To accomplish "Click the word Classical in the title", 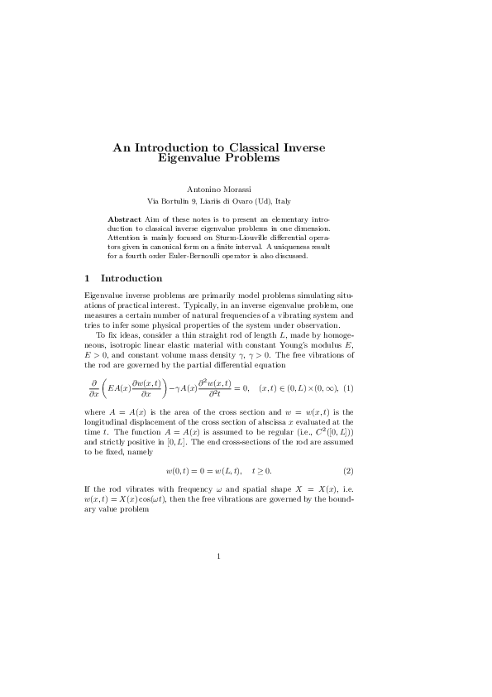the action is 241,147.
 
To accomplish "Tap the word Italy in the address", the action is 281,201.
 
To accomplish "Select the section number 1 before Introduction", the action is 88,278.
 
